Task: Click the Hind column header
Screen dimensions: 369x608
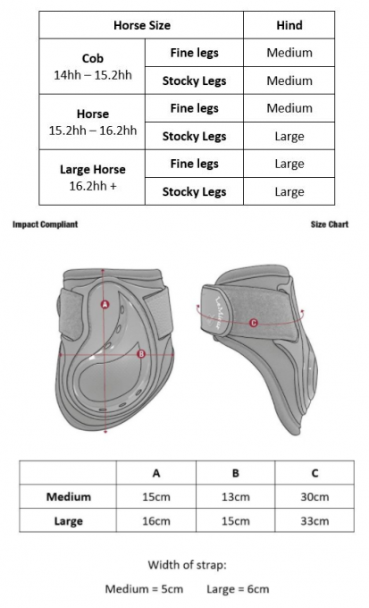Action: click(x=289, y=25)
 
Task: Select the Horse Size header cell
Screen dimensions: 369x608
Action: click(x=142, y=25)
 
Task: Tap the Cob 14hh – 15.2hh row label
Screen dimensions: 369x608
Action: click(x=93, y=66)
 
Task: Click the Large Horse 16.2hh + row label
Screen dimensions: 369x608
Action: click(x=93, y=177)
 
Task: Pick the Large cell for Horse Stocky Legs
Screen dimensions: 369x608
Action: click(x=289, y=136)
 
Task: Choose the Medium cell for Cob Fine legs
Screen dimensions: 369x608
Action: click(x=289, y=53)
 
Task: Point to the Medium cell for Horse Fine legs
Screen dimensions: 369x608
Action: click(x=289, y=108)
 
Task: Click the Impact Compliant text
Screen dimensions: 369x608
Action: click(x=45, y=224)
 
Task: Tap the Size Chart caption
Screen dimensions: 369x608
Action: click(x=330, y=224)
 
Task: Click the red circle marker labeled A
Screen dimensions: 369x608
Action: click(x=105, y=304)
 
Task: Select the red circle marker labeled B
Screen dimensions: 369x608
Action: click(x=141, y=354)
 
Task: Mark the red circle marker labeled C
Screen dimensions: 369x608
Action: click(x=253, y=323)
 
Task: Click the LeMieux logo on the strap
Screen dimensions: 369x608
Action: click(x=222, y=313)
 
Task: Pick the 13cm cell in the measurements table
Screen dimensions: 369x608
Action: click(x=235, y=497)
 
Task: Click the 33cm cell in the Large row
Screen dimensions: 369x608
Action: click(x=314, y=520)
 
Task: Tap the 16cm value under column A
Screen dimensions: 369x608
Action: click(x=155, y=520)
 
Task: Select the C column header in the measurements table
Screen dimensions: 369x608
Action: click(x=314, y=473)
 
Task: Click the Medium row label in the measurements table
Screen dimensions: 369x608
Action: click(x=68, y=497)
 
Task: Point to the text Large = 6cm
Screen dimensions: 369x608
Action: click(x=238, y=589)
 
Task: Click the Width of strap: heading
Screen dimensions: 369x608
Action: click(x=187, y=564)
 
